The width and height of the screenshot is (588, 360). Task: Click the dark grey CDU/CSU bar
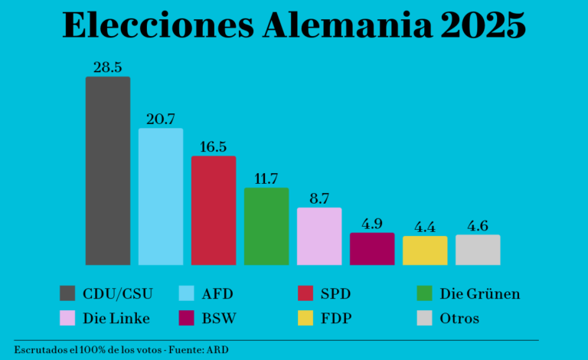click(107, 171)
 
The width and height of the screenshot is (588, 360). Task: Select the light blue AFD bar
click(161, 197)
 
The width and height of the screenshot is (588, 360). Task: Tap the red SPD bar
click(214, 211)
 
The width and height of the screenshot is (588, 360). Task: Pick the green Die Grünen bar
click(266, 227)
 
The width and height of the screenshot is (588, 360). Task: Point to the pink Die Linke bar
click(319, 237)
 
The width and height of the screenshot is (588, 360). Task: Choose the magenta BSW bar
click(372, 249)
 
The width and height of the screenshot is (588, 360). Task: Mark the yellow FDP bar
click(425, 250)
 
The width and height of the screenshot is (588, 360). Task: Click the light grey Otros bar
click(478, 250)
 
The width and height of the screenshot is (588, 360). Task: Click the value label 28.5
click(107, 67)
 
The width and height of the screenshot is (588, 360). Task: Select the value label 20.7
click(161, 119)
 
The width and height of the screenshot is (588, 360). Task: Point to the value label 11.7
click(266, 178)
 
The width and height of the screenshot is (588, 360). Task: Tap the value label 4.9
click(372, 224)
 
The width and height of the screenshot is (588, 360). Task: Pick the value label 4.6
click(478, 226)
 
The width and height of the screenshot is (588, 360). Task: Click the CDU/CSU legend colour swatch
click(67, 293)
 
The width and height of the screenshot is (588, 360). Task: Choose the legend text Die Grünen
click(480, 293)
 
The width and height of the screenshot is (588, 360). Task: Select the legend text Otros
click(459, 318)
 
